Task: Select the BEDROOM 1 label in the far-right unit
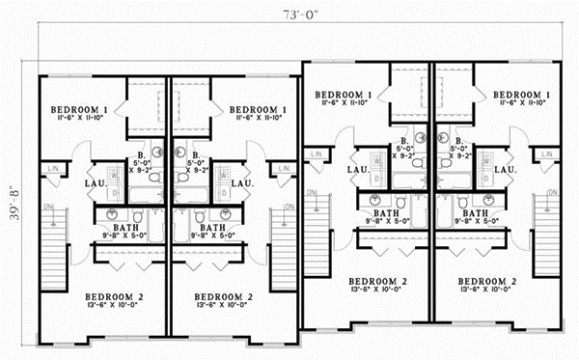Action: (x=520, y=95)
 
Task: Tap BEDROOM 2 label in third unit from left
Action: (x=378, y=280)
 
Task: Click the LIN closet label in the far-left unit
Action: (x=54, y=170)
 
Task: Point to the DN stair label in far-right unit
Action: (x=554, y=190)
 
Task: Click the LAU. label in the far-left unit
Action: (x=95, y=183)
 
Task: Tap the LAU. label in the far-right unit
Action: (x=503, y=169)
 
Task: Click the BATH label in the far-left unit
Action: (x=114, y=227)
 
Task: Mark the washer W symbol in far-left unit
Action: (x=113, y=175)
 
